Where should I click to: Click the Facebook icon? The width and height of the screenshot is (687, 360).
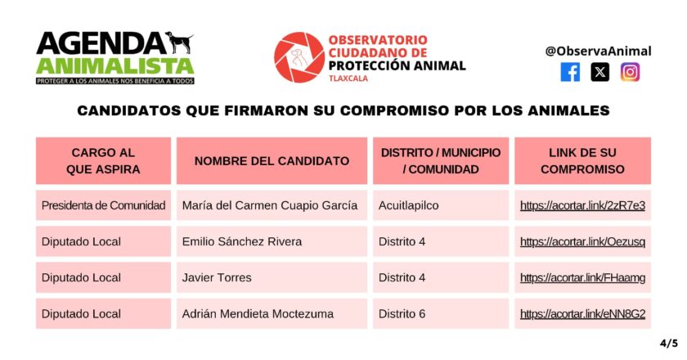pyautogui.click(x=570, y=72)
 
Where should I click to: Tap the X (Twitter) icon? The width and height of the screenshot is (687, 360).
pyautogui.click(x=599, y=72)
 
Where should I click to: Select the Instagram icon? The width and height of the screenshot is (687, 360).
pyautogui.click(x=630, y=72)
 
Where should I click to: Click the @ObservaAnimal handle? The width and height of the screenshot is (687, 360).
pyautogui.click(x=598, y=51)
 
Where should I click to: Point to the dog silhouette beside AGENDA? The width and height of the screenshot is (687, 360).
pyautogui.click(x=179, y=42)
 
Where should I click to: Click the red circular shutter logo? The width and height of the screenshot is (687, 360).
pyautogui.click(x=299, y=57)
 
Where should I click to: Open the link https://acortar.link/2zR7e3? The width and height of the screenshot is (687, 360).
pyautogui.click(x=582, y=205)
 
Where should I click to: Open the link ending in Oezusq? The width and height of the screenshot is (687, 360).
pyautogui.click(x=582, y=241)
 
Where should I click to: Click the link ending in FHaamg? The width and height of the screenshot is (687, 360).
pyautogui.click(x=582, y=277)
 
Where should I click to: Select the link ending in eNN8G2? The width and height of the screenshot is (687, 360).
pyautogui.click(x=582, y=314)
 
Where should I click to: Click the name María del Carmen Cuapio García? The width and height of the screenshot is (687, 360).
pyautogui.click(x=270, y=205)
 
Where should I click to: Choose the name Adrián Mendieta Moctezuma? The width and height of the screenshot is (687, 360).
pyautogui.click(x=258, y=314)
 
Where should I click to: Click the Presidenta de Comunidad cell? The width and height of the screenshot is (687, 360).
pyautogui.click(x=103, y=205)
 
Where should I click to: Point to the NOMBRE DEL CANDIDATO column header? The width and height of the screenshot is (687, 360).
pyautogui.click(x=272, y=161)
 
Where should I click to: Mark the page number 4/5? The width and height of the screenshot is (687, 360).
pyautogui.click(x=669, y=343)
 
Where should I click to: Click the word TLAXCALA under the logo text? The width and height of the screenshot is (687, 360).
pyautogui.click(x=348, y=79)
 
